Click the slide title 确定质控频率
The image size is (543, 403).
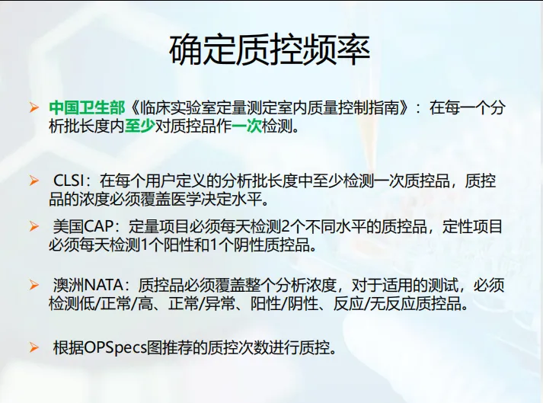tap(270, 50)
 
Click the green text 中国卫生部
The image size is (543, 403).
tap(87, 107)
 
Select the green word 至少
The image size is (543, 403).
tap(139, 126)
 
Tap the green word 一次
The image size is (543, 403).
tap(247, 126)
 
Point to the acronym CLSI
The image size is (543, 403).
tap(69, 181)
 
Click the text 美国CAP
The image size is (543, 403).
tap(83, 227)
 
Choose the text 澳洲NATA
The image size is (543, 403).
tap(88, 286)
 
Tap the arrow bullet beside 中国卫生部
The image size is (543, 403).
tap(34, 107)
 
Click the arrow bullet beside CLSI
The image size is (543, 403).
tap(34, 181)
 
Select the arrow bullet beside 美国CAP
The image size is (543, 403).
tap(34, 227)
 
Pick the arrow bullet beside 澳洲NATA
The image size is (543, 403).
tap(34, 286)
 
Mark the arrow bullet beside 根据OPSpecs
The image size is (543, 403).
tap(34, 347)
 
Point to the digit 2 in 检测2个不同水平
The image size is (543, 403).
tap(285, 227)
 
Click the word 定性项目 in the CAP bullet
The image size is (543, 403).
tap(472, 227)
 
